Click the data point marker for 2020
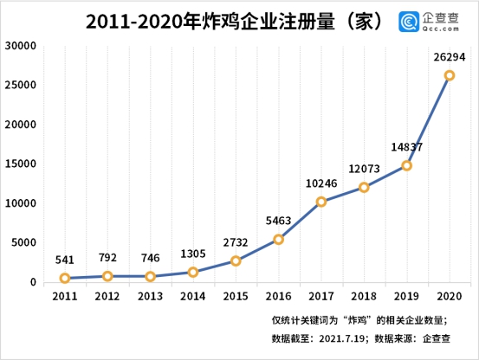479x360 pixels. (x=450, y=75)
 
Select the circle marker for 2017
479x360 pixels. (x=320, y=202)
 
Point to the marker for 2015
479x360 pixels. (x=236, y=260)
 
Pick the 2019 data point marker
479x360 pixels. (x=406, y=165)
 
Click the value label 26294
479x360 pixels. (x=448, y=56)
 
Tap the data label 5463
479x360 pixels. (x=277, y=220)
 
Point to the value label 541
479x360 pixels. (x=64, y=260)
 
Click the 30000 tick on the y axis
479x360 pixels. (x=20, y=46)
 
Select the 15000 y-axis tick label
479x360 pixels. (x=20, y=164)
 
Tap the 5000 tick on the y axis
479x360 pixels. (x=23, y=242)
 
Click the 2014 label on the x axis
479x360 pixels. (x=192, y=297)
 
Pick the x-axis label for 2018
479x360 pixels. (x=364, y=297)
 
